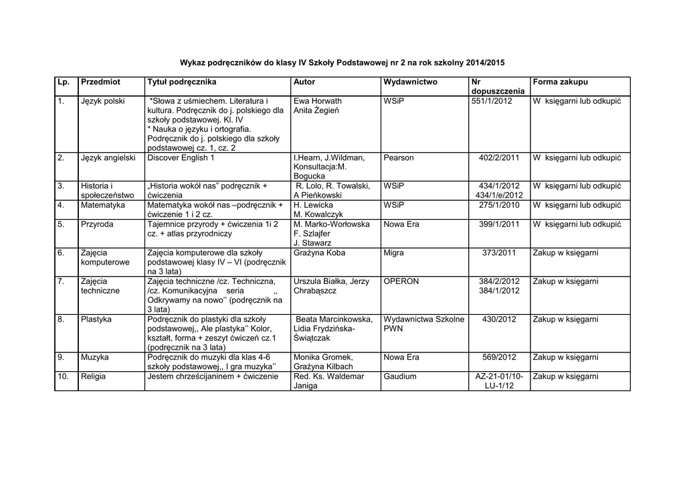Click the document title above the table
(342, 62)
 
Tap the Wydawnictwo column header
(410, 82)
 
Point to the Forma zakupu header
(561, 82)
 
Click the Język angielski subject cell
(108, 157)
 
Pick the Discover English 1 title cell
(181, 157)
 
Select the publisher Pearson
(399, 157)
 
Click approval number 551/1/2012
(492, 100)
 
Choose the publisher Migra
(395, 253)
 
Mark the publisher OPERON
(401, 281)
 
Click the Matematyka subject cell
(103, 205)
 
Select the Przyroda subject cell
(97, 224)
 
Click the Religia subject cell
(94, 376)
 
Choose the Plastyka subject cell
(96, 319)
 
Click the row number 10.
(63, 376)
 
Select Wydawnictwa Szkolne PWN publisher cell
(423, 324)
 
